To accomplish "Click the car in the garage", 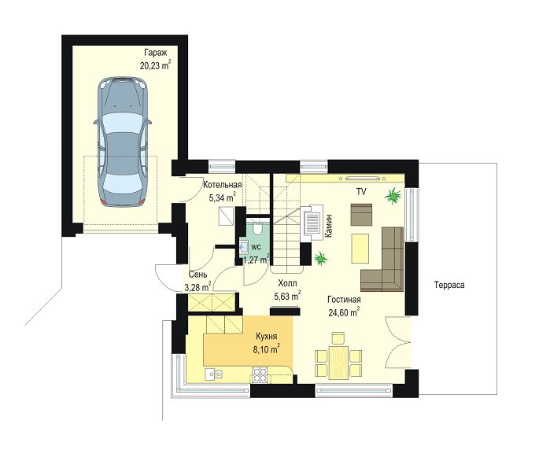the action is click(x=123, y=142).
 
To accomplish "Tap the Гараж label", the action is click(x=155, y=53).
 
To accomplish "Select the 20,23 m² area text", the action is click(x=155, y=65).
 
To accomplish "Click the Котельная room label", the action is click(x=223, y=185).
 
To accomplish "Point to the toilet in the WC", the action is click(x=258, y=228).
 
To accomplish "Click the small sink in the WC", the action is click(x=243, y=246).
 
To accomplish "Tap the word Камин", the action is click(x=329, y=226).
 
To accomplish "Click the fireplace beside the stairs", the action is click(x=312, y=223).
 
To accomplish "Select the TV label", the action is click(x=361, y=192).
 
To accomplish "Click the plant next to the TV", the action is click(x=393, y=195).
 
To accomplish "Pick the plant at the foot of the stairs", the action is click(x=320, y=259).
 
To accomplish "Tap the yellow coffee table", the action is click(x=360, y=249).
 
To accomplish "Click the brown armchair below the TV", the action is click(x=361, y=215).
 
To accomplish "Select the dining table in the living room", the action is click(x=338, y=362).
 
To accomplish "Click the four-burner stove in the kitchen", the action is click(x=260, y=374).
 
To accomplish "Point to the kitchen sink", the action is click(x=213, y=374).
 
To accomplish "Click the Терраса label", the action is click(x=449, y=285).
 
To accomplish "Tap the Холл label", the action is click(x=287, y=283).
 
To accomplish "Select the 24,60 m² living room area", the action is click(x=344, y=312).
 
